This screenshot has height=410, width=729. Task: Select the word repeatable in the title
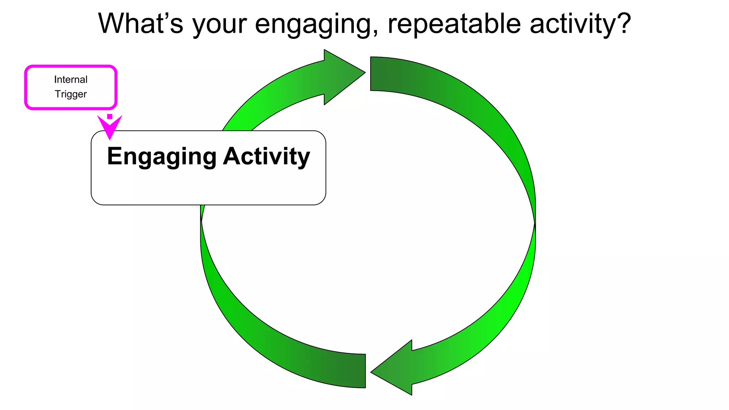tap(454, 24)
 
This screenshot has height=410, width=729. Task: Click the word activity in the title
tap(573, 23)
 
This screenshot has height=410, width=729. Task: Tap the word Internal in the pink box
tap(71, 79)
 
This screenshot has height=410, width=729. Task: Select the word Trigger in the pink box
tap(71, 94)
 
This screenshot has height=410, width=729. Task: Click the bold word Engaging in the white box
tap(162, 157)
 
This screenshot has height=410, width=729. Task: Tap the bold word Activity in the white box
tap(267, 157)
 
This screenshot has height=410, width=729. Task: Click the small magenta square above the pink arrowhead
tap(110, 116)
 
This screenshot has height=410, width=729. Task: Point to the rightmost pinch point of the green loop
tap(535, 223)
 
